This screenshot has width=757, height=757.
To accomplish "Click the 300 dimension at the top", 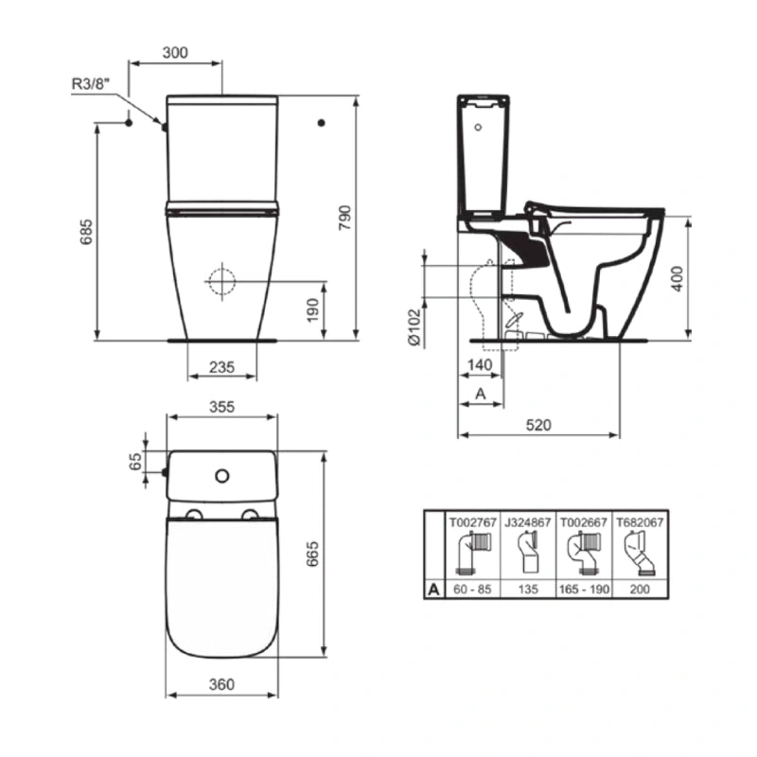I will point(174,53).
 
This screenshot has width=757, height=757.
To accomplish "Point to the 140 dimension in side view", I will point(478,365).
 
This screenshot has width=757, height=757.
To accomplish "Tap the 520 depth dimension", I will point(537,424).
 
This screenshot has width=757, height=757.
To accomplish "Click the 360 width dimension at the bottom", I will point(221,683).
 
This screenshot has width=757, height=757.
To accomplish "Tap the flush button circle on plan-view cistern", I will point(222,473).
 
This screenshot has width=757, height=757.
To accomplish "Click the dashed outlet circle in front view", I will point(221,281).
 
